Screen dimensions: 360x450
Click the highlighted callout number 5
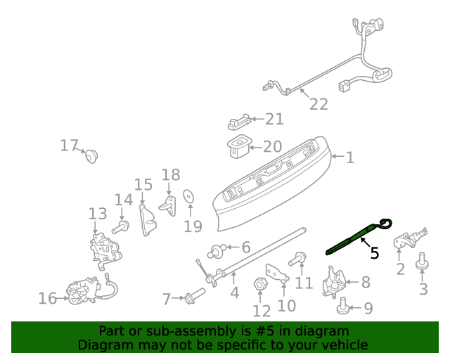pos(374,252)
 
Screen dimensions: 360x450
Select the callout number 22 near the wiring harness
pos(319,104)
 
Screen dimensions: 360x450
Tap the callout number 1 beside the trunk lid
pos(349,157)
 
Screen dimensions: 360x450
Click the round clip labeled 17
pos(91,155)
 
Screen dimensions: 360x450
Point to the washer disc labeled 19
pos(188,196)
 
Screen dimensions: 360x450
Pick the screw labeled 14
pos(122,226)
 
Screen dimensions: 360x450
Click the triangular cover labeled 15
pos(149,220)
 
